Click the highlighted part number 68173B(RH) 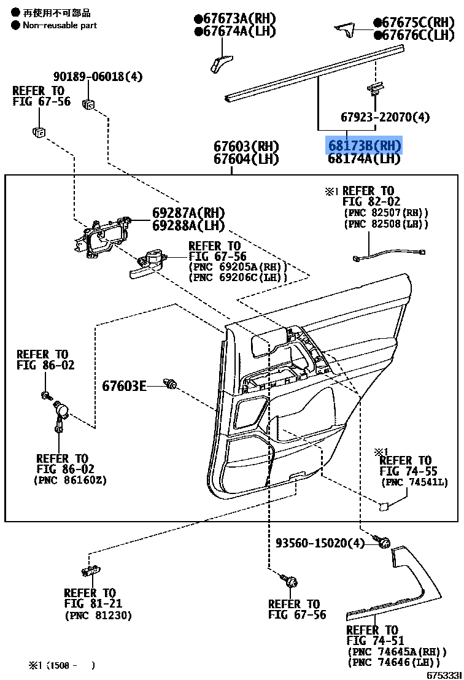[x=364, y=145]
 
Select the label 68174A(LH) [x=364, y=159]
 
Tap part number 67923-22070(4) [x=385, y=117]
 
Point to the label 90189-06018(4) [x=98, y=77]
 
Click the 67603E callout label [x=124, y=386]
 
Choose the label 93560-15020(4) [x=320, y=543]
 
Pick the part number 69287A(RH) [x=188, y=213]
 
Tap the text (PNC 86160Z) [x=70, y=480]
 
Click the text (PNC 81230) [x=98, y=616]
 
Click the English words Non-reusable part [x=60, y=25]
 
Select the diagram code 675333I [x=443, y=674]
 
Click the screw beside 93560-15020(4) [x=385, y=542]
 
